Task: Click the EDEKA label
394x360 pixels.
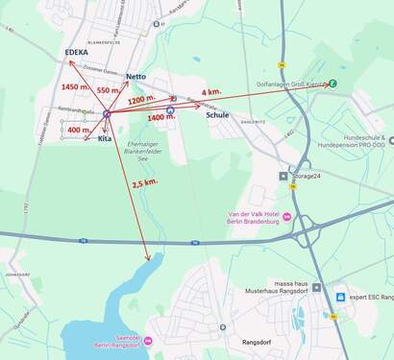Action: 76,53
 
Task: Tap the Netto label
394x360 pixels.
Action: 136,76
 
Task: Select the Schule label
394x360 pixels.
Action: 217,115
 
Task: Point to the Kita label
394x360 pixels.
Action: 105,139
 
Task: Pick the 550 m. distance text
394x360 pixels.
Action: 109,89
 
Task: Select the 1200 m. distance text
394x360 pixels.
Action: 141,99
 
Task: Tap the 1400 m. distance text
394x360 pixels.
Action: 161,118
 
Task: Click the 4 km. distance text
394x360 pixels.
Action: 211,92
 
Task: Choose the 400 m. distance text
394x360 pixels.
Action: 81,130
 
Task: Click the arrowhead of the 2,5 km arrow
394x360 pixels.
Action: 147,257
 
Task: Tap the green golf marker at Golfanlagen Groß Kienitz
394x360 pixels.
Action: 332,84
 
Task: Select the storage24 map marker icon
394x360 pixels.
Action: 283,176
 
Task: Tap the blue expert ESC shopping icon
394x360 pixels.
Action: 340,297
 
